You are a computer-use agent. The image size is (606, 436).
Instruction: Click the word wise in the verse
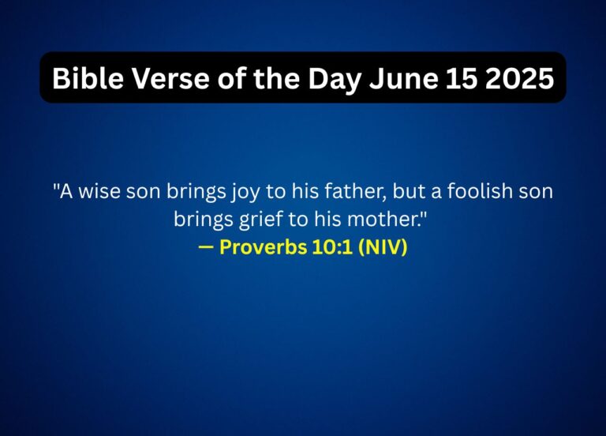click(99, 192)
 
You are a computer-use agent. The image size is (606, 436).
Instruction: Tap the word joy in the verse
click(257, 192)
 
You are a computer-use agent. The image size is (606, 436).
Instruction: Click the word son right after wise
click(142, 192)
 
